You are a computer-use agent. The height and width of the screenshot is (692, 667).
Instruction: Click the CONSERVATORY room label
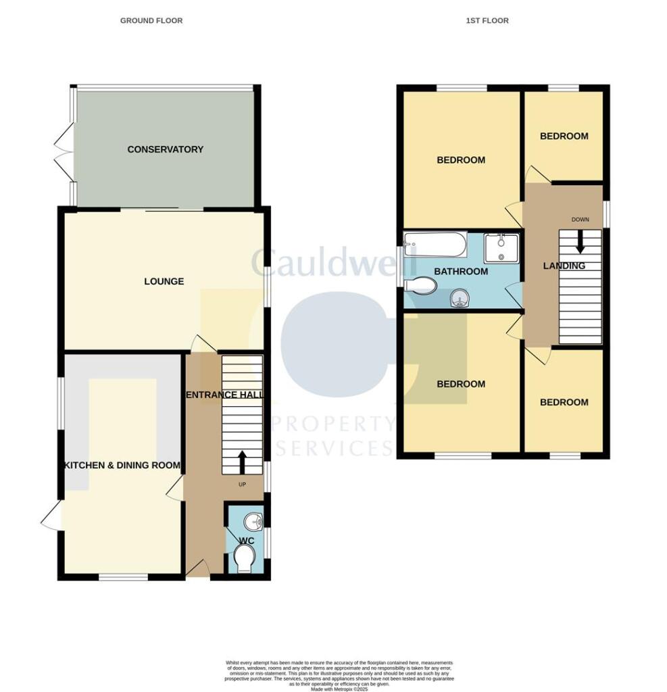point(165,149)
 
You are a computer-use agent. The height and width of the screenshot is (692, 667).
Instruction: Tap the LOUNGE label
point(164,281)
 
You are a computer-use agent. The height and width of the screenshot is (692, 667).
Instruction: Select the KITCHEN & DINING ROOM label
point(122,465)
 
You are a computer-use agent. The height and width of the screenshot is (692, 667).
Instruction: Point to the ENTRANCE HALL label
point(224,395)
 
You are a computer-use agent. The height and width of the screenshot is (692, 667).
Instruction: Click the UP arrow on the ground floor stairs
point(242,464)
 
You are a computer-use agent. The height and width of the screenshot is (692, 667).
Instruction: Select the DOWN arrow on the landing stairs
point(579,242)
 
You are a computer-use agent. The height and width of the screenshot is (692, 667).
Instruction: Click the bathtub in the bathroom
point(435,245)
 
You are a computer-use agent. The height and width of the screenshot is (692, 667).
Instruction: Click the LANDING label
point(564,266)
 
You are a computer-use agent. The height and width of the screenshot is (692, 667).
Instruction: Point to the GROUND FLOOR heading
point(151,21)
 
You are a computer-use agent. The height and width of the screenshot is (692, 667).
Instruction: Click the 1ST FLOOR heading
point(487,21)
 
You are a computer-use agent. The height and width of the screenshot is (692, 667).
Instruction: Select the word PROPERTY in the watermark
point(332,424)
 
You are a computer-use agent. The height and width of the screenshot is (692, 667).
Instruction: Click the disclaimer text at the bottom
point(339,675)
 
